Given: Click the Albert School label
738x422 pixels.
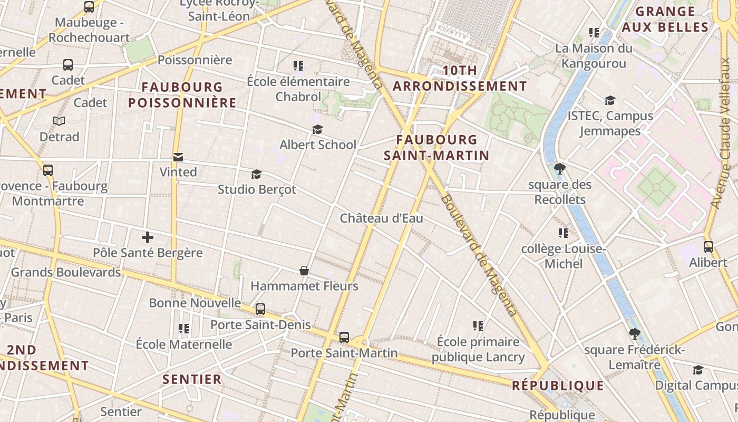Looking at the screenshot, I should [318, 145].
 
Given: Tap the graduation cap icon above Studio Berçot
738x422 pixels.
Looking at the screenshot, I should [257, 174].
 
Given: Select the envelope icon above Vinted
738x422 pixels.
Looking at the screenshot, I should [178, 157].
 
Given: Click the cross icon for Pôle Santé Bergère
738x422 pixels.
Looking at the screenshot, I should [148, 237].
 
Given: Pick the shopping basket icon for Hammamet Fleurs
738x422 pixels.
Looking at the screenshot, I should [304, 271].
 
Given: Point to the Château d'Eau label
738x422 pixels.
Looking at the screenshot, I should [381, 218].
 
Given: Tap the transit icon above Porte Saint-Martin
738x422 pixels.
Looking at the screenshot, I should [344, 337].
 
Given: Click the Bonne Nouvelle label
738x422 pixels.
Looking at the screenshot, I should [195, 303].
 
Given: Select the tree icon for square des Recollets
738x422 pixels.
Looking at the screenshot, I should [560, 169].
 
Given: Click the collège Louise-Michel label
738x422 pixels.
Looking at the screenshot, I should [563, 256].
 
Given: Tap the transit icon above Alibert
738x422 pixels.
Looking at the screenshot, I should [708, 246].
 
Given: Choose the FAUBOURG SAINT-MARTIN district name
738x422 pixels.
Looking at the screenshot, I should [436, 147].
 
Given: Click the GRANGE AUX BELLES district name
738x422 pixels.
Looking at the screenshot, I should [665, 19].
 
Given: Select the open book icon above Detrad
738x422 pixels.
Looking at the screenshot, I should [59, 121].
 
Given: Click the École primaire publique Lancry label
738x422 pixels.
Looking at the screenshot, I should [478, 349].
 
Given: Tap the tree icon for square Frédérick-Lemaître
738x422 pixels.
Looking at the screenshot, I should [635, 333].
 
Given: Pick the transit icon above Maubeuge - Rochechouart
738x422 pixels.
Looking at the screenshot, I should [89, 7].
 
